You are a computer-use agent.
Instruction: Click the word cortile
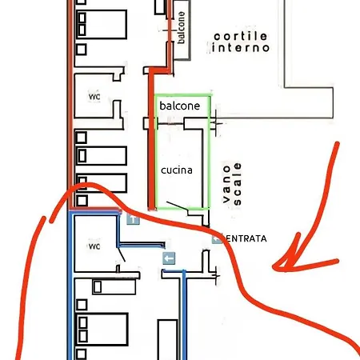[x=240, y=37]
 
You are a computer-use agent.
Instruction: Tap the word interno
[x=240, y=48]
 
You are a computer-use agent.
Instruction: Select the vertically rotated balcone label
[x=181, y=27]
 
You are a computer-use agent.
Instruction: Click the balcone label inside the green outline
[x=180, y=106]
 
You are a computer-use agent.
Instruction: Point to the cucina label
[x=177, y=170]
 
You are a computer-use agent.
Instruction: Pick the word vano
[x=226, y=184]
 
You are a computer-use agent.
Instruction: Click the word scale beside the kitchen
[x=237, y=184]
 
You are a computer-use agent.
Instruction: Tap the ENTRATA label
[x=246, y=238]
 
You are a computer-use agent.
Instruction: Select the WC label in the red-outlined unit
[x=94, y=97]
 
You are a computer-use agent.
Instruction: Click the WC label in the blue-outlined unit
[x=94, y=246]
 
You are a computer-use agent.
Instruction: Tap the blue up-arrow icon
[x=133, y=218]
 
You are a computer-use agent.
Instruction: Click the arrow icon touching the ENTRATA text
[x=217, y=238]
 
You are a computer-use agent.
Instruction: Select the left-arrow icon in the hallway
[x=169, y=258]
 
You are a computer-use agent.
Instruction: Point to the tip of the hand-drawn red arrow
[x=273, y=267]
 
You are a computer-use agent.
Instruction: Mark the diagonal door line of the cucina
[x=178, y=206]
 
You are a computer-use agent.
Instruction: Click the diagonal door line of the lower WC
[x=122, y=254]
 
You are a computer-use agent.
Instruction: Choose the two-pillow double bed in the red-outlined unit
[x=101, y=25]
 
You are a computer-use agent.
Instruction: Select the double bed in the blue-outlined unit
[x=102, y=330]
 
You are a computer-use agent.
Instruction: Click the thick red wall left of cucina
[x=151, y=138]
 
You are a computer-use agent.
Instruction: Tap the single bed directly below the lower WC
[x=114, y=286]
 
